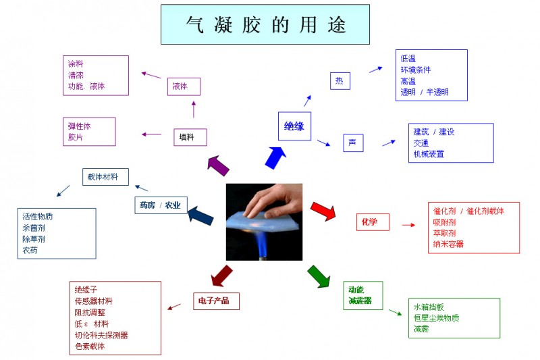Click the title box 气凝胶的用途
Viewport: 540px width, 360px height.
tap(265, 24)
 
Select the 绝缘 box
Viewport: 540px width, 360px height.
tap(294, 126)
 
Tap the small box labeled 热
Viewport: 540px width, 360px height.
tap(340, 81)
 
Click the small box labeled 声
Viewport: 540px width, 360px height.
tap(353, 143)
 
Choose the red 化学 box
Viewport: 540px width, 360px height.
tap(373, 222)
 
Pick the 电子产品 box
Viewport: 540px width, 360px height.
tap(216, 301)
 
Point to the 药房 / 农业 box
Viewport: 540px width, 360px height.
tap(161, 205)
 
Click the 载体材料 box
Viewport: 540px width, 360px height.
tap(105, 177)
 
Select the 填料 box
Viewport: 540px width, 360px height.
tap(190, 137)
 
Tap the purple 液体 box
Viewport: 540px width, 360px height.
tap(184, 86)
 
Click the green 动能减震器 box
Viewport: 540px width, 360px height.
tap(363, 295)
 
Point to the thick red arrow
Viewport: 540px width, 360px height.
tap(323, 211)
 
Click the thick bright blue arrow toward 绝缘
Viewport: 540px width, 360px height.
tap(275, 157)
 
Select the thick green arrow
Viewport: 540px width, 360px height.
tap(319, 276)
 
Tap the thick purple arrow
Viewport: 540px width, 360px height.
tap(218, 165)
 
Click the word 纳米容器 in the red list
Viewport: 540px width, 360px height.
tap(448, 245)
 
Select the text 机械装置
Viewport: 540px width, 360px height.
tap(429, 154)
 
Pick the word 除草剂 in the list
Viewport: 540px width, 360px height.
tap(33, 239)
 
